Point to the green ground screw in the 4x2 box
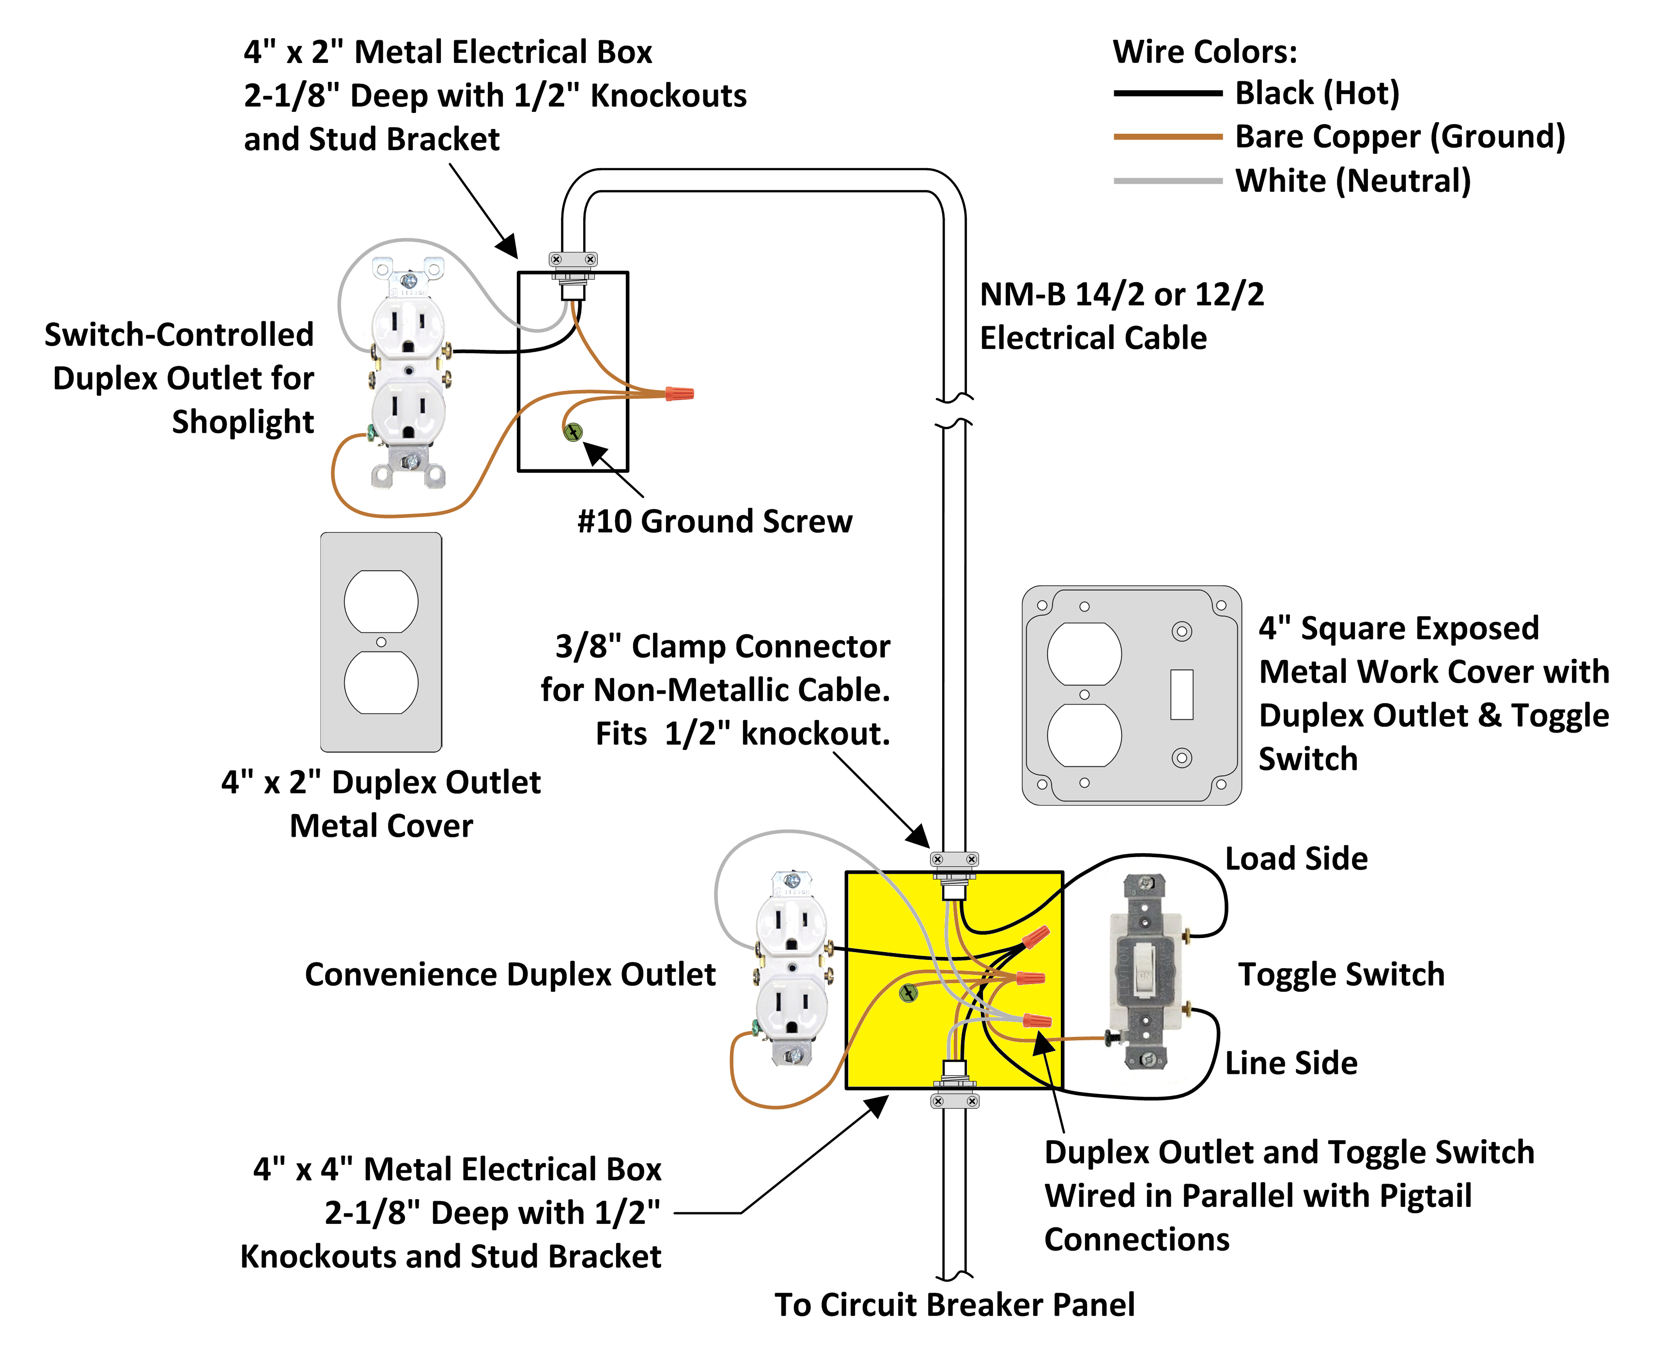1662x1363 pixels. pyautogui.click(x=573, y=431)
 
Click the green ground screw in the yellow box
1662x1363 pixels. pyautogui.click(x=908, y=993)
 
